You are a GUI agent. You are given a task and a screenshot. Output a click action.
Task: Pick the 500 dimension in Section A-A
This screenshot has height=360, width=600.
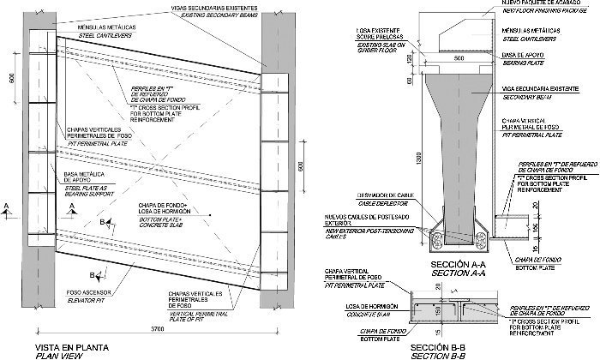tap(459, 58)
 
